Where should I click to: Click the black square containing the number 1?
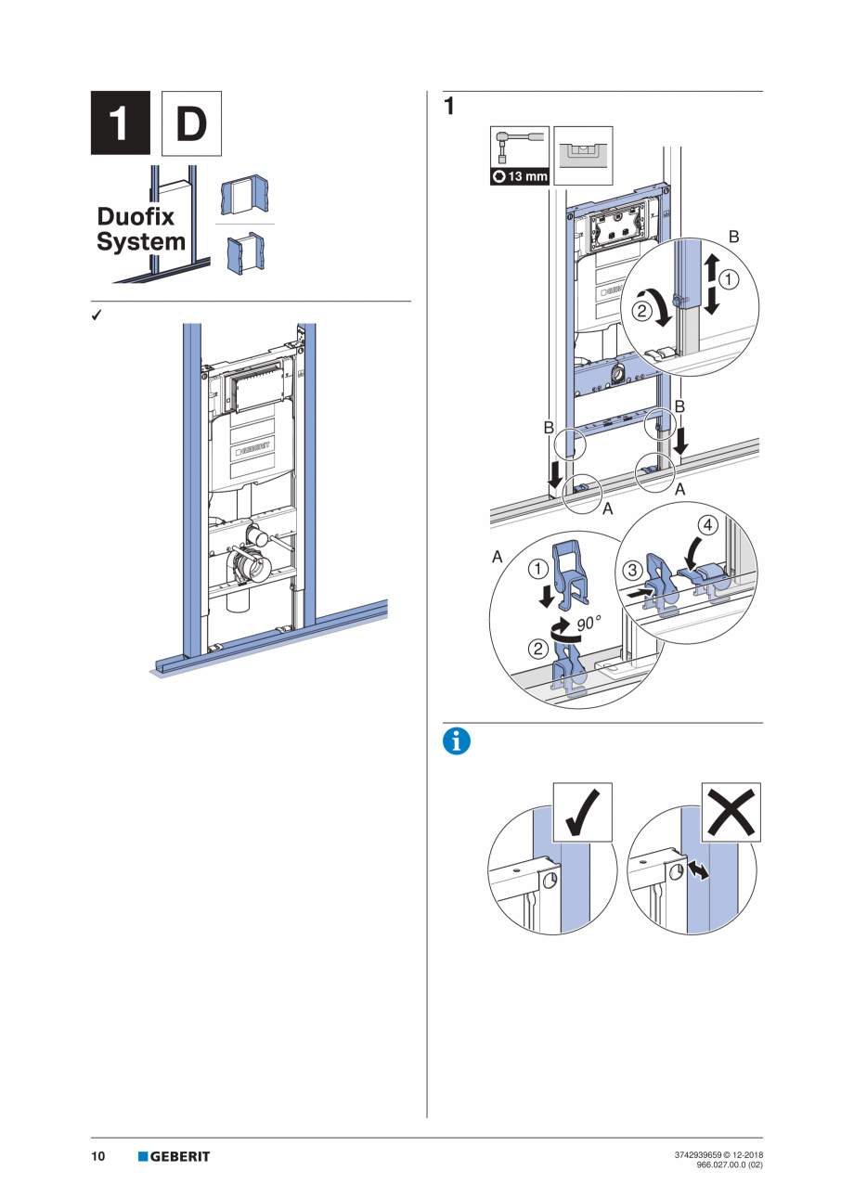tap(120, 122)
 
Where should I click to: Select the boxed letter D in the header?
tap(191, 122)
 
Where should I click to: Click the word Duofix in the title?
tap(136, 217)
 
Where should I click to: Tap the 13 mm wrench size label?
tap(520, 175)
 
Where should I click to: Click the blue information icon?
tap(457, 740)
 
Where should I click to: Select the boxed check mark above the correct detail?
tap(582, 812)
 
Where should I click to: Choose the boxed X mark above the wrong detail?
tap(731, 812)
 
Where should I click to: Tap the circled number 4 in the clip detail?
tap(707, 525)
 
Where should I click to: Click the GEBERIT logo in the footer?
tap(175, 1156)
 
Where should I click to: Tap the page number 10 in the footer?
tap(97, 1156)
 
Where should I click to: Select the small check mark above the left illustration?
tap(96, 315)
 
